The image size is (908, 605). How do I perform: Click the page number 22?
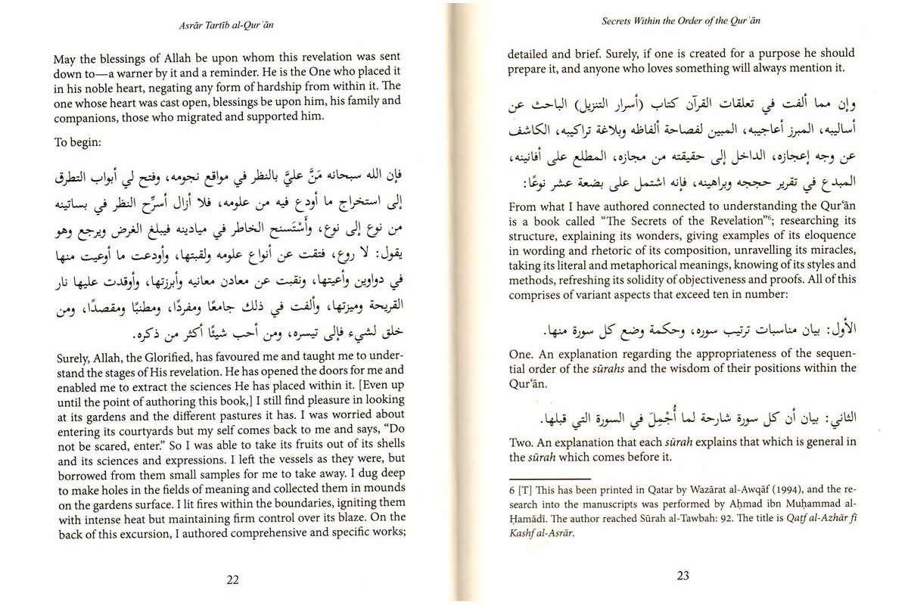232,579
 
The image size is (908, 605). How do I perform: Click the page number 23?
683,576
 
